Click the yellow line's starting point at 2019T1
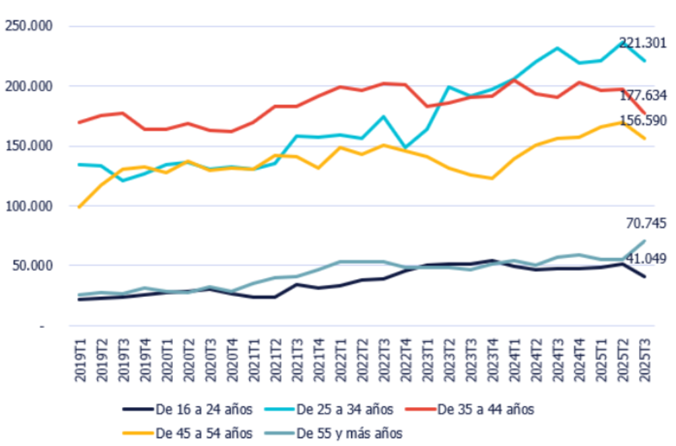[80, 207]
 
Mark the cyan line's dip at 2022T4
[405, 148]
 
